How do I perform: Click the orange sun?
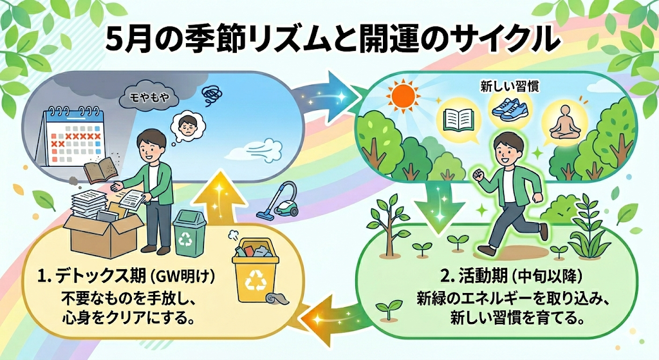click(404, 97)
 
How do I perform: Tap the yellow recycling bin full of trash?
click(254, 274)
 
